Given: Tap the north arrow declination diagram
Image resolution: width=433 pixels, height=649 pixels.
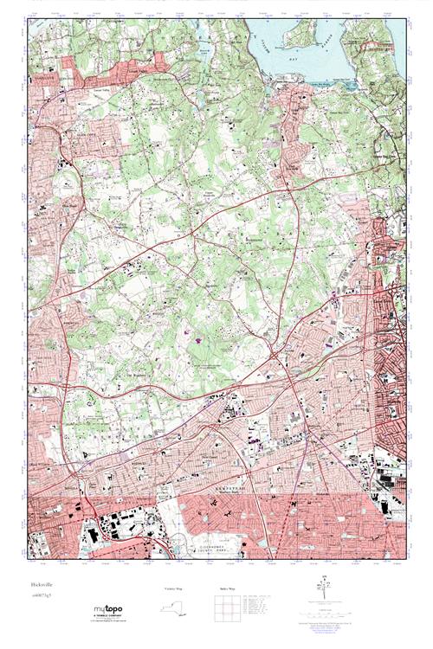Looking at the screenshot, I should point(327,594).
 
